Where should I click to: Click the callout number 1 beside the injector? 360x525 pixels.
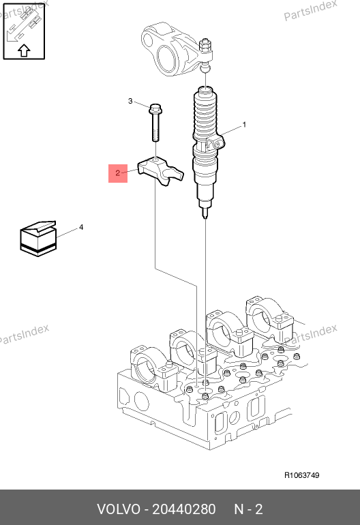coord(245,125)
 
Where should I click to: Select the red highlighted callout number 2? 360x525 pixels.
coord(118,173)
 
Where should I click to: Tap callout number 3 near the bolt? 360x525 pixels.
coord(130,101)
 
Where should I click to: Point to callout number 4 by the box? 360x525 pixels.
coord(81,227)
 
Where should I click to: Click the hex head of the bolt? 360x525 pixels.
coord(155,108)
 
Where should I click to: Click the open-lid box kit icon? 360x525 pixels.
coord(38,239)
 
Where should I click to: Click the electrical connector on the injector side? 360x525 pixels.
coord(215,142)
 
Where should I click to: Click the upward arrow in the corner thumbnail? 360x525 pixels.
coord(24,50)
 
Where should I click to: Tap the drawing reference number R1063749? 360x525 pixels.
coord(302,475)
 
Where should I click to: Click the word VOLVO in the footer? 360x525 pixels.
coord(119,509)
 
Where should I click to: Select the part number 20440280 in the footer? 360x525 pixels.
coord(184,509)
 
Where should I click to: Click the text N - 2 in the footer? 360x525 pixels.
coord(248,509)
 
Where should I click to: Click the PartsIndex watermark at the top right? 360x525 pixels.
coord(310,10)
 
